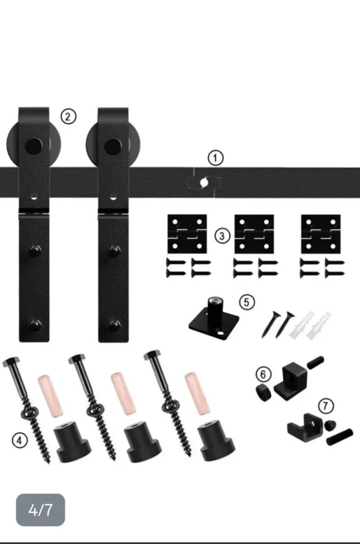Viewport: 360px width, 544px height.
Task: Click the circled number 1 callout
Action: [x=215, y=158]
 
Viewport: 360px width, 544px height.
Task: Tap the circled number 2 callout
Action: [x=68, y=116]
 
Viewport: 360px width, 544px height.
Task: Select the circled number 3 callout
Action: [x=222, y=236]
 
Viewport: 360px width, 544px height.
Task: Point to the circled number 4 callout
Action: [x=20, y=440]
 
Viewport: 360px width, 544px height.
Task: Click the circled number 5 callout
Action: [x=246, y=302]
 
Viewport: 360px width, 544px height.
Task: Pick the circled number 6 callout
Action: [x=263, y=374]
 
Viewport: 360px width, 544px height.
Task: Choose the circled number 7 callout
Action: [x=326, y=406]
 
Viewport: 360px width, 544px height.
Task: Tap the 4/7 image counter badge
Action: [x=40, y=510]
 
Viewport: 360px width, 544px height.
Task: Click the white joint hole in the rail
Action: [x=204, y=182]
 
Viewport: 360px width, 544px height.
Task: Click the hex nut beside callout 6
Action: [x=264, y=392]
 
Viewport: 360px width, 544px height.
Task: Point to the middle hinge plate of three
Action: [x=254, y=234]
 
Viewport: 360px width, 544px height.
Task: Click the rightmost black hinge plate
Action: [x=321, y=234]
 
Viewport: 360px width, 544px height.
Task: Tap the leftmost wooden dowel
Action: [x=50, y=396]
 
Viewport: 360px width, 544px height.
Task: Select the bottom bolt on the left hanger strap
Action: [x=35, y=325]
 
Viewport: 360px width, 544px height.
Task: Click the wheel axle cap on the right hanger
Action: [x=112, y=146]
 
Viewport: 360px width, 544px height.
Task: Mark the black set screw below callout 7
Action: [x=340, y=437]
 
